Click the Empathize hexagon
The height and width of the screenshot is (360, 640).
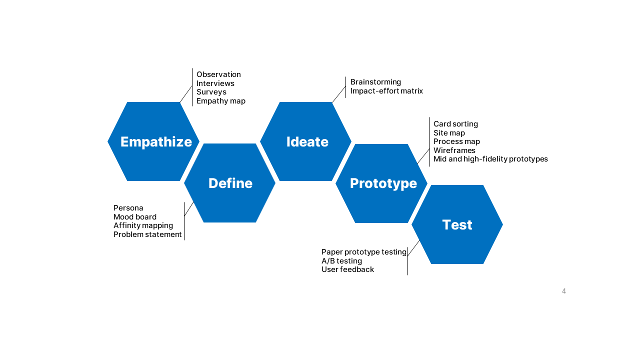153,141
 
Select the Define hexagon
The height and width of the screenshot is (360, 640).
230,183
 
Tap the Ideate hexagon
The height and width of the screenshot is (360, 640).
306,141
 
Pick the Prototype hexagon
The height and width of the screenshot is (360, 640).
382,183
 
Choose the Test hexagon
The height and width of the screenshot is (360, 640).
457,224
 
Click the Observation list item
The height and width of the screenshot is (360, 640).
218,74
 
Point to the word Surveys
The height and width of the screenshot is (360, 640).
211,92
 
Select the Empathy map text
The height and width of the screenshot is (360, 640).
220,101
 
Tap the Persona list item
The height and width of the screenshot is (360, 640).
128,208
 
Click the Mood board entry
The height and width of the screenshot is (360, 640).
134,217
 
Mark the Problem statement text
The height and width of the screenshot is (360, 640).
147,234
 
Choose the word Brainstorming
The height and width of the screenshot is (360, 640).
375,82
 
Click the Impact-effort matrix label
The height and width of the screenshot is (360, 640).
386,91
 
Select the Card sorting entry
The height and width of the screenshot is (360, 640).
455,124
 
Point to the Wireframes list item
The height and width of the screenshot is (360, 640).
454,150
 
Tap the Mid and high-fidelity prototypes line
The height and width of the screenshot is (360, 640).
490,159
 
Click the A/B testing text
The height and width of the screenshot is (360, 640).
341,261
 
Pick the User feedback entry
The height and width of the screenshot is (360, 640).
347,269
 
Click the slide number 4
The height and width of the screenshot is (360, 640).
563,291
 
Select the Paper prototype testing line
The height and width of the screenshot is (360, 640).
363,252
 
